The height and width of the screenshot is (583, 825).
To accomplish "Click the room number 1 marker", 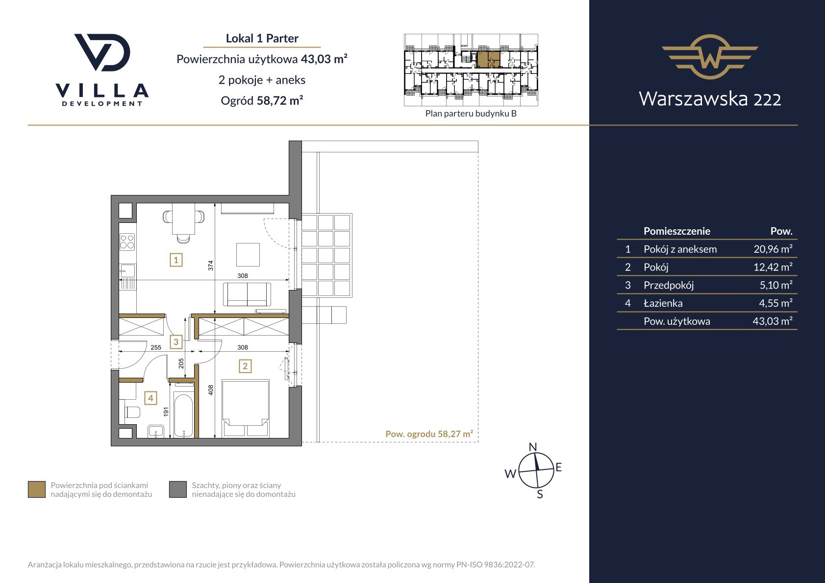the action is [176, 260].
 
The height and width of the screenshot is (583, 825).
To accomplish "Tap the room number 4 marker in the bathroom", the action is [150, 398].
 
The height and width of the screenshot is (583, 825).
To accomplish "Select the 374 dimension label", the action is [211, 266].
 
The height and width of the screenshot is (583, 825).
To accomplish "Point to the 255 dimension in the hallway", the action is [156, 347].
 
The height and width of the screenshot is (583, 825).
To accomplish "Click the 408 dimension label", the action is [211, 390].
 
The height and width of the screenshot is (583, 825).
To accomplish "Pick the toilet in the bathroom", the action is [132, 412].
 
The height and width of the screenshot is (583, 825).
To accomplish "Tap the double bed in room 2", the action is [245, 409].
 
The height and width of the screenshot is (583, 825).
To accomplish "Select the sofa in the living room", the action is [247, 294].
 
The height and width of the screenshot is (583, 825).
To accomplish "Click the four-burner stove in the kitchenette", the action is [127, 242].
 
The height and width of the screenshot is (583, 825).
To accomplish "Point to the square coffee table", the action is [248, 254].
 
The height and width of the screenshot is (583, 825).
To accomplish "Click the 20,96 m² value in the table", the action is [773, 249].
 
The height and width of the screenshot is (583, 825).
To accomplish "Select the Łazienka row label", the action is [663, 303].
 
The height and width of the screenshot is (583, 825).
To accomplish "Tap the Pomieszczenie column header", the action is [677, 231].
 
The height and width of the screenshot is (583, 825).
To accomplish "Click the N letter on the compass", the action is [532, 447].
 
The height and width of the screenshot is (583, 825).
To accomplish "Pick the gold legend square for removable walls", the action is [37, 489].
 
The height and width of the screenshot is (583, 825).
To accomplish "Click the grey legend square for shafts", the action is [178, 489].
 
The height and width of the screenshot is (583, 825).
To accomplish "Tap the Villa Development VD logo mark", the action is [102, 52].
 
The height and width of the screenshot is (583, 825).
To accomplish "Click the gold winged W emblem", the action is [710, 57].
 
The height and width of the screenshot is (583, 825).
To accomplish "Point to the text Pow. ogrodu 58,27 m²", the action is [429, 434].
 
